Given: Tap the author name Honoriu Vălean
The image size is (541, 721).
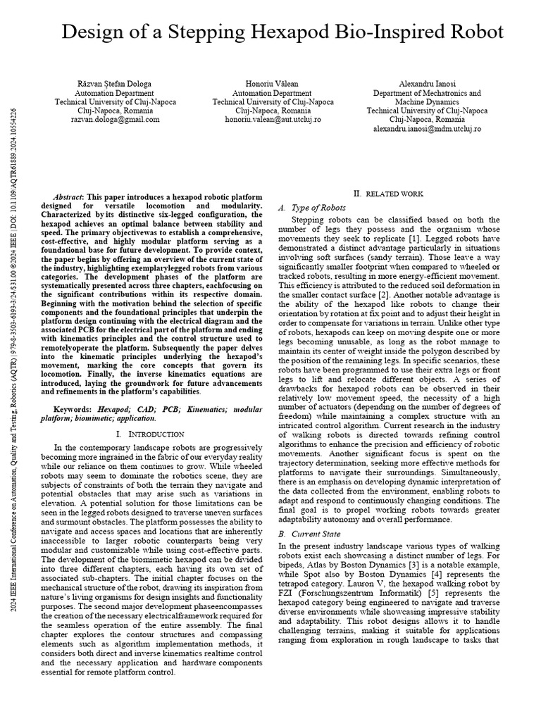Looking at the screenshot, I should coord(273,84).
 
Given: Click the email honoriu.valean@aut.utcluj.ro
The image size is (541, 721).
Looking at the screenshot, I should coord(273,120).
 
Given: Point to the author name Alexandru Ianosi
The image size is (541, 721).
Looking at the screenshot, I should coord(427,84).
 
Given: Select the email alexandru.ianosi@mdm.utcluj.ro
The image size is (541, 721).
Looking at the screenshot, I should coord(427,129).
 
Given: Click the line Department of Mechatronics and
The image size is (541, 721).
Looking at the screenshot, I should coord(427,93).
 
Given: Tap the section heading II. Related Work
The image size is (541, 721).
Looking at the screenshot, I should coord(387,194).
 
